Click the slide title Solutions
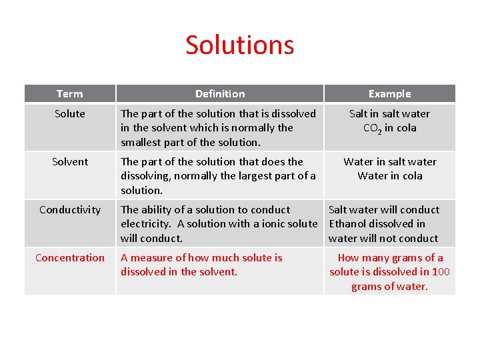239,45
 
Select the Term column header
70,94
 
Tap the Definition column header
220,94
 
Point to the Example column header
389,94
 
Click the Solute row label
70,114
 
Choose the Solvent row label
70,162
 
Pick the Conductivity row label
70,210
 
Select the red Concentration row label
70,258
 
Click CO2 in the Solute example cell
372,129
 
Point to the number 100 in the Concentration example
441,272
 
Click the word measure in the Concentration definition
151,258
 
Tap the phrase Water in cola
389,176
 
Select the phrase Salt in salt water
389,114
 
